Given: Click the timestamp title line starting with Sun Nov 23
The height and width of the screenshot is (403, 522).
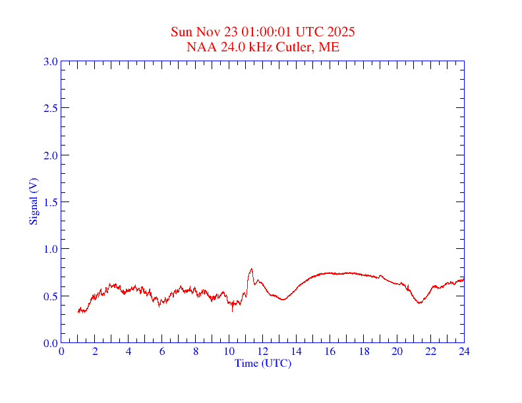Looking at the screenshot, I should (x=263, y=32).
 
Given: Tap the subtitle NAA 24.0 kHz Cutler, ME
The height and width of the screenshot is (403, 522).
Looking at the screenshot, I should (x=263, y=47).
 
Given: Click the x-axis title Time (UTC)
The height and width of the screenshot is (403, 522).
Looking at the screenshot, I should (x=263, y=363).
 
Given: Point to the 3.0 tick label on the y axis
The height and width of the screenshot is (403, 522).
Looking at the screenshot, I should (x=50, y=61).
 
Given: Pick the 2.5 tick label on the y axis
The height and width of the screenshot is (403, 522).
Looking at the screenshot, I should (x=50, y=108).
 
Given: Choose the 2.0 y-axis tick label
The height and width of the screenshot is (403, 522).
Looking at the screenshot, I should (x=50, y=155).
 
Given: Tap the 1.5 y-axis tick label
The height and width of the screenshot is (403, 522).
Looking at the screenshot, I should (x=50, y=202).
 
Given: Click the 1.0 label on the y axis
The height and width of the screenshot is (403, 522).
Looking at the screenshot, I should (x=50, y=249).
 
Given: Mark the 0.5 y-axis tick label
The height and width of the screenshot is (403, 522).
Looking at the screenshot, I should (x=50, y=296).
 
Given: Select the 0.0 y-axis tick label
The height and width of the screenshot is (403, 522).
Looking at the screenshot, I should (x=50, y=343).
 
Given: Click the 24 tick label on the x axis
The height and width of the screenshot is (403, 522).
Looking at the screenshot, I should (x=464, y=352).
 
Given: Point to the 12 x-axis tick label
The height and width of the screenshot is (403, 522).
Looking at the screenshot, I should (x=263, y=352).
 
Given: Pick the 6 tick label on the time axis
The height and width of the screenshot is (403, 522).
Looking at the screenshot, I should (x=162, y=352).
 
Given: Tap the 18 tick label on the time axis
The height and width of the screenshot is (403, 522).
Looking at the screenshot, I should (x=363, y=352).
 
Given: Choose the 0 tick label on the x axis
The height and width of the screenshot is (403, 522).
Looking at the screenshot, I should (x=61, y=352).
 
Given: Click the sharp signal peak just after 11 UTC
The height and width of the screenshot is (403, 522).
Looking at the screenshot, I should (x=251, y=269).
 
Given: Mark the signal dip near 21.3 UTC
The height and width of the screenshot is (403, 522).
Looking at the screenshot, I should (x=419, y=303).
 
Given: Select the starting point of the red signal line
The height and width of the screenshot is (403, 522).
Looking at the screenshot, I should (x=78, y=311).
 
